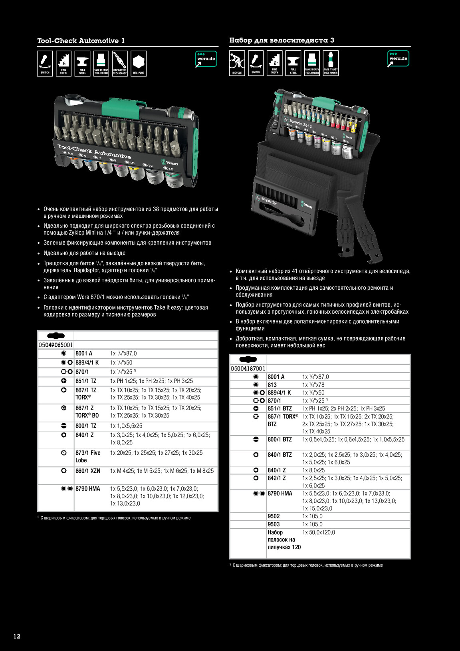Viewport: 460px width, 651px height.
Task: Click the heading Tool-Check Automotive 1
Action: [x=81, y=41]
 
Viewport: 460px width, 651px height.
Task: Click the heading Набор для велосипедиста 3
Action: [x=282, y=40]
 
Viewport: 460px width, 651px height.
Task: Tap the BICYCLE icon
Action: [x=237, y=63]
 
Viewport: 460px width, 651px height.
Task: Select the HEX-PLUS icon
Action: [x=138, y=64]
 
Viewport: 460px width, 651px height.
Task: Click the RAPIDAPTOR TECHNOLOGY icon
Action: [x=119, y=64]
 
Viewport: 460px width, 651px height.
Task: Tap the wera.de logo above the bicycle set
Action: [x=398, y=58]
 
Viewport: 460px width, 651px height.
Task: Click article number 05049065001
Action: [x=56, y=344]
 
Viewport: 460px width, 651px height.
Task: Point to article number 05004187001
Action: [x=248, y=368]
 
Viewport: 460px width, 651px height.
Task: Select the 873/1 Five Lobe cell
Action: [x=88, y=456]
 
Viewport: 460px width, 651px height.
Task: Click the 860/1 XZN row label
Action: [x=88, y=471]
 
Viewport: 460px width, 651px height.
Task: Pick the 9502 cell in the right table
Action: [x=274, y=516]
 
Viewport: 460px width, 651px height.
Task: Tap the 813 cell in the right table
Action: [x=272, y=385]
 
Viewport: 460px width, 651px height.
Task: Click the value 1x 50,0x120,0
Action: [x=319, y=532]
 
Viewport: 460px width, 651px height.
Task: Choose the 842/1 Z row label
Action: [x=276, y=478]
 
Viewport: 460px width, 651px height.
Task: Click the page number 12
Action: [x=17, y=636]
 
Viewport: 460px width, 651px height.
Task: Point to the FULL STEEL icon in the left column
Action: [x=82, y=64]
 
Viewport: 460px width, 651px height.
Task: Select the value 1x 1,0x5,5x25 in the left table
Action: [x=126, y=426]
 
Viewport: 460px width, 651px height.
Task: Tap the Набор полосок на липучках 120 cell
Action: [x=284, y=540]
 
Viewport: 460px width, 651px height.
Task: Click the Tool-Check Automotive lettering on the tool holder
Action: [x=94, y=151]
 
